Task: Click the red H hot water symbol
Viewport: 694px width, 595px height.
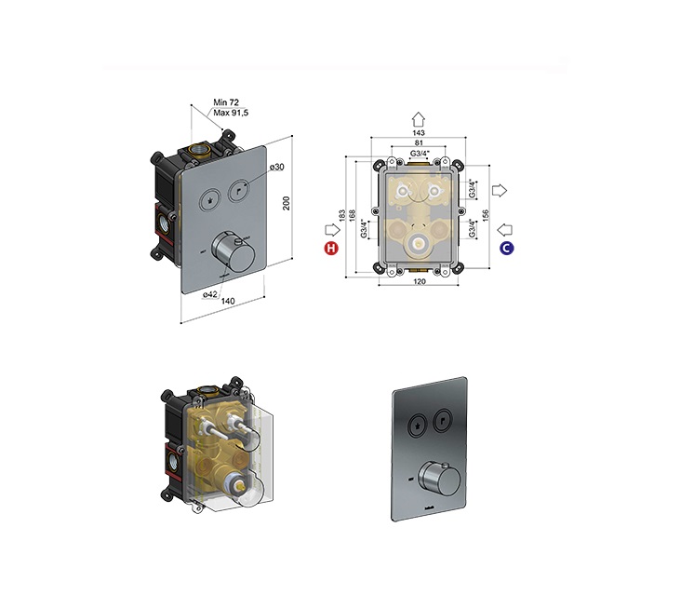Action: coord(331,248)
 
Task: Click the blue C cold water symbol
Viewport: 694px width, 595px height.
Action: coord(506,248)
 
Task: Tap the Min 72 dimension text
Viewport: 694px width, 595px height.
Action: coord(226,102)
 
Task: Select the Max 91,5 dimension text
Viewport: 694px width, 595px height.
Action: coord(231,113)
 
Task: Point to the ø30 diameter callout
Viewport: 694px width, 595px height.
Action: coord(276,167)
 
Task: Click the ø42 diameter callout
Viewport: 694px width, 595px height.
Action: coord(210,294)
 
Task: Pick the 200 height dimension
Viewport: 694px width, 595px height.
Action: coord(287,203)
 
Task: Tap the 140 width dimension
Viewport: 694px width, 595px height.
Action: coord(228,302)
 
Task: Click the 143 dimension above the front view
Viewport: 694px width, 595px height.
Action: coord(419,133)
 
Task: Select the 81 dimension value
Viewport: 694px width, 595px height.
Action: coord(419,142)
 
